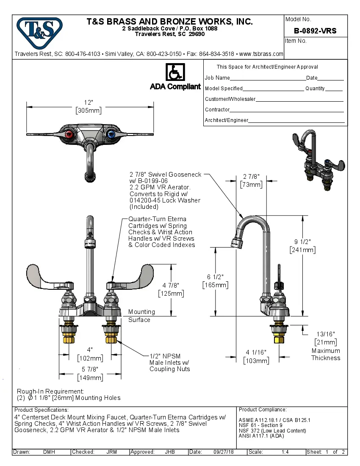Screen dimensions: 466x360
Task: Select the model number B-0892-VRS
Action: tap(315, 31)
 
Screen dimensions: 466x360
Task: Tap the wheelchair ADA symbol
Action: tap(175, 72)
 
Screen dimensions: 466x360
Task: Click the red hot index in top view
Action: tap(70, 135)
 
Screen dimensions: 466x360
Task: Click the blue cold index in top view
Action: tap(111, 135)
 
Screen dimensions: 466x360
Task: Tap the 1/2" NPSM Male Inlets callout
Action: tap(169, 362)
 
